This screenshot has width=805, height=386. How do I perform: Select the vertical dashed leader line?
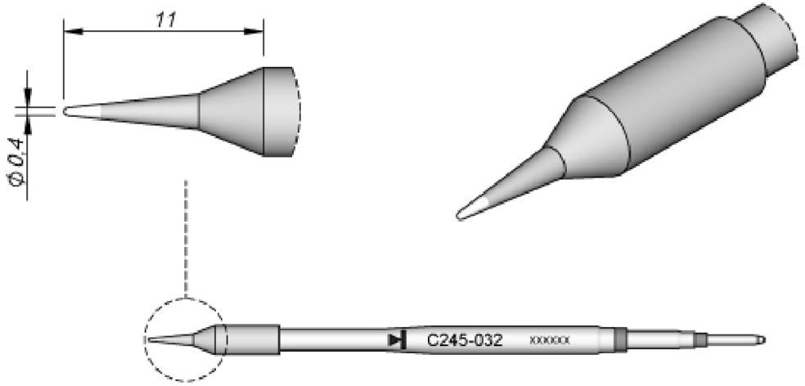187,237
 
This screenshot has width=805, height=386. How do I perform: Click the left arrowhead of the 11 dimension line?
70,32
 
